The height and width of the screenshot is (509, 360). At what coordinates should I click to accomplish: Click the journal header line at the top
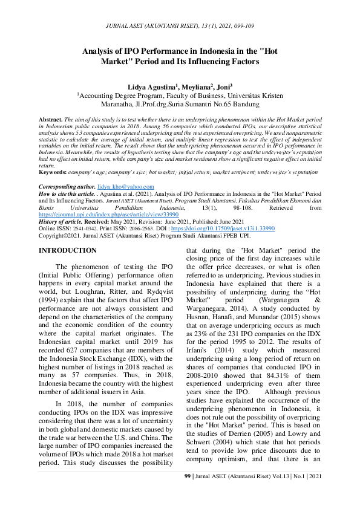point(180,27)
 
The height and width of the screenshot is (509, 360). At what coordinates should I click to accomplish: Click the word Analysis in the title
point(101,51)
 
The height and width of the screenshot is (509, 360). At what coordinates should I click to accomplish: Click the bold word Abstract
point(50,120)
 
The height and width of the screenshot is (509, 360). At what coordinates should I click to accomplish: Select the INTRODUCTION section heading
point(67,250)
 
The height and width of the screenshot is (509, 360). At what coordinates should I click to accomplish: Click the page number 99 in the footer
point(187,493)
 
